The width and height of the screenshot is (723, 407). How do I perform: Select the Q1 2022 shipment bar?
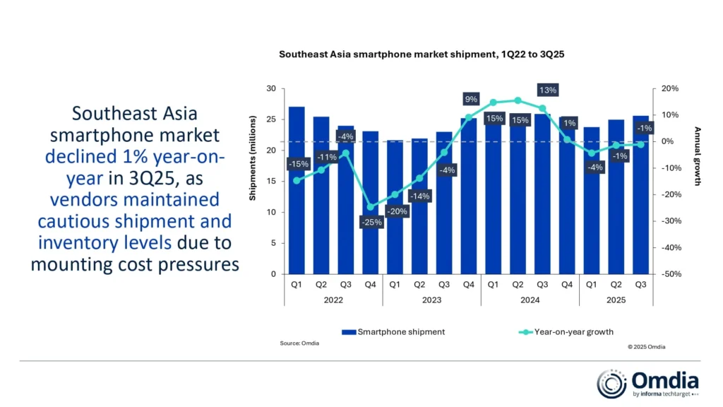297,190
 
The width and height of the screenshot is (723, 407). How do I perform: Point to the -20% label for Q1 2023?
397,211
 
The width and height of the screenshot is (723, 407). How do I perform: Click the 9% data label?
470,99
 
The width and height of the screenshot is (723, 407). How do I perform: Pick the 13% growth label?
547,90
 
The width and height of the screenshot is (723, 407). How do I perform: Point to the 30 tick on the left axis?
272,88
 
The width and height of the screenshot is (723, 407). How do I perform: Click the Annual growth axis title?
698,156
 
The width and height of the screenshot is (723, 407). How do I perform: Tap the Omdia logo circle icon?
611,384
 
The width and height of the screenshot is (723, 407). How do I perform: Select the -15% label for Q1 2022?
298,164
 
